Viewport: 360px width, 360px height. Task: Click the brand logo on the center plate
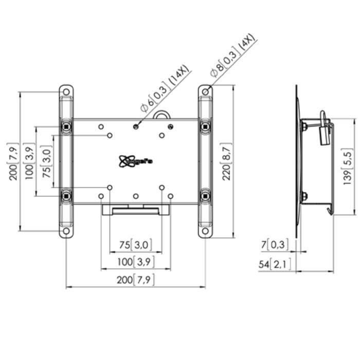136,161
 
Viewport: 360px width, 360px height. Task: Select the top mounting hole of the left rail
67,92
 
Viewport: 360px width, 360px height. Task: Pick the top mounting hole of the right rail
205,92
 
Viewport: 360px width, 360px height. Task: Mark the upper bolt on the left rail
67,126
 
